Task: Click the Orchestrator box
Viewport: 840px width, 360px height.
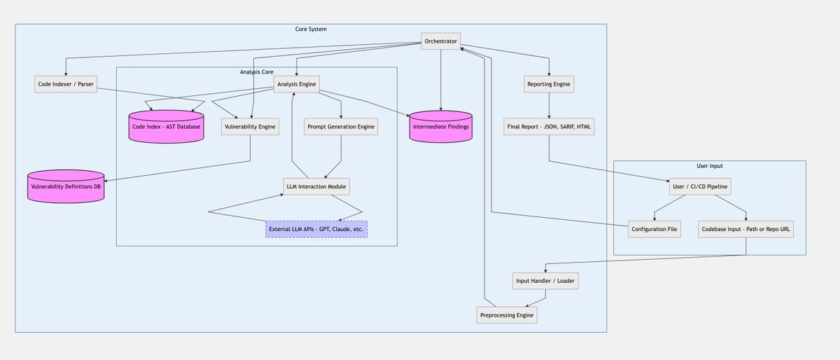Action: [x=440, y=41]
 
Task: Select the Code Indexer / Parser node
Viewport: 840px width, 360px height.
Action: [x=65, y=85]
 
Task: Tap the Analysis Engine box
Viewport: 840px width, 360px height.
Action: [x=297, y=85]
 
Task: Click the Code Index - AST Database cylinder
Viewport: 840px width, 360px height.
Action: [x=166, y=127]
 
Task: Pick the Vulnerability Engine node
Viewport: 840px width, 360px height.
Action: [x=250, y=127]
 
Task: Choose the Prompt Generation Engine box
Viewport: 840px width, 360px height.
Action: [x=341, y=127]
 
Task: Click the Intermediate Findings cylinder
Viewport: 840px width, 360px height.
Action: [x=440, y=127]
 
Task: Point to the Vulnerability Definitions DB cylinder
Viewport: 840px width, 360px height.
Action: [x=66, y=186]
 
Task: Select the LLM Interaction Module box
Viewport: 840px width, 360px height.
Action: [x=316, y=186]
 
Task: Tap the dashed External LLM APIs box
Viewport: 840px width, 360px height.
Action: [x=316, y=229]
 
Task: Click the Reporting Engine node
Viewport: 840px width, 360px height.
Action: [x=549, y=85]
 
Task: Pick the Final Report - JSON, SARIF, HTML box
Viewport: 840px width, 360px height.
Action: [x=549, y=127]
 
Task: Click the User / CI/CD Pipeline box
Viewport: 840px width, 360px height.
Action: [x=710, y=186]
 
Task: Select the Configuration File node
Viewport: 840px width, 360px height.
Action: [x=654, y=229]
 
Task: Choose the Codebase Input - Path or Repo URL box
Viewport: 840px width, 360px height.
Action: [x=745, y=229]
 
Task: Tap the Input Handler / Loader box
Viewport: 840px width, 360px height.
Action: [x=545, y=281]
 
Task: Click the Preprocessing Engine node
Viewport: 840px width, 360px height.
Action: [x=507, y=315]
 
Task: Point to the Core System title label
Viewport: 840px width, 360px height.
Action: [x=311, y=29]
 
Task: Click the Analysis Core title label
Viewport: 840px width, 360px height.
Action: [x=256, y=72]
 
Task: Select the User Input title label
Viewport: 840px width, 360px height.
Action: [x=709, y=166]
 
